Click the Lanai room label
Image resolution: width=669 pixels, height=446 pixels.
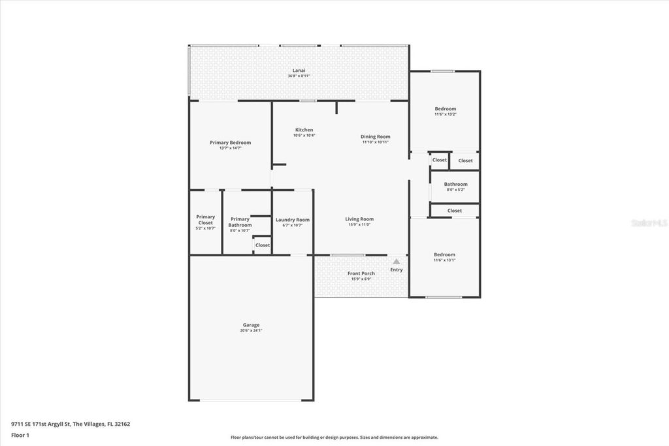299,71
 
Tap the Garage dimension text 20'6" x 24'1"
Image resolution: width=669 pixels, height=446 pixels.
251,331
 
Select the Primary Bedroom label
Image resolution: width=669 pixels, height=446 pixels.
230,143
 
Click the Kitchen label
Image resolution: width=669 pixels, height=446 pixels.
304,130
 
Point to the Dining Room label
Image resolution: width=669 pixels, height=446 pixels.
375,137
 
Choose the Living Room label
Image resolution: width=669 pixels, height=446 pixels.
359,219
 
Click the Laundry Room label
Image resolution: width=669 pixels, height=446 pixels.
292,220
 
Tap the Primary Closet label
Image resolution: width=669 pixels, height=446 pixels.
205,220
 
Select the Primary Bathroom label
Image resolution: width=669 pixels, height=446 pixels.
240,222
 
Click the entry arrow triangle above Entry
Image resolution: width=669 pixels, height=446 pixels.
396,262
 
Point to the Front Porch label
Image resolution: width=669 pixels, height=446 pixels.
361,273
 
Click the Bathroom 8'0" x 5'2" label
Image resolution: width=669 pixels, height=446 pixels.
455,184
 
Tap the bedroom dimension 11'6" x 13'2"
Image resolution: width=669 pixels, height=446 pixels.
445,114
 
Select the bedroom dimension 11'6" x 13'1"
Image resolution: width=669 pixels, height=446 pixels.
444,260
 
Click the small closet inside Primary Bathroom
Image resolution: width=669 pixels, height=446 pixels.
262,245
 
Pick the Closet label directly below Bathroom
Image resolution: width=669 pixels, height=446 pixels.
455,211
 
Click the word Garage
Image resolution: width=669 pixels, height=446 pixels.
251,325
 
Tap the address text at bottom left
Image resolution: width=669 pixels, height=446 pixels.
71,424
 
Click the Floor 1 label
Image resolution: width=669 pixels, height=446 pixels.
20,435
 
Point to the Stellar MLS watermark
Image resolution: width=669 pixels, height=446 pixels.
648,223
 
